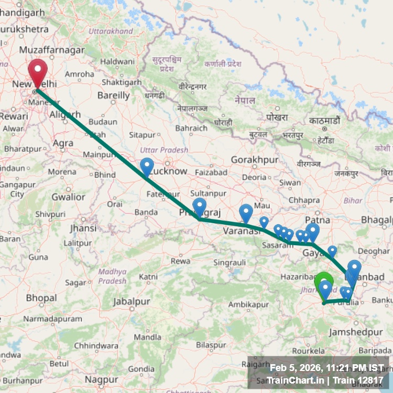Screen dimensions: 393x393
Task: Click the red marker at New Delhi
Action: point(38,71)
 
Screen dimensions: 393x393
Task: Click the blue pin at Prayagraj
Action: point(200,207)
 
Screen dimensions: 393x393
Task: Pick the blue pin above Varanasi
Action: point(246,213)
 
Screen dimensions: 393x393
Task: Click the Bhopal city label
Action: point(41,298)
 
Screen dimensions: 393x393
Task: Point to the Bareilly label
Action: point(114,95)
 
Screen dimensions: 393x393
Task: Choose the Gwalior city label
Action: point(68,197)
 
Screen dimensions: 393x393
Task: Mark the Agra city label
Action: point(63,143)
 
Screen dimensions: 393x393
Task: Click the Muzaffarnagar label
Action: point(51,50)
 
